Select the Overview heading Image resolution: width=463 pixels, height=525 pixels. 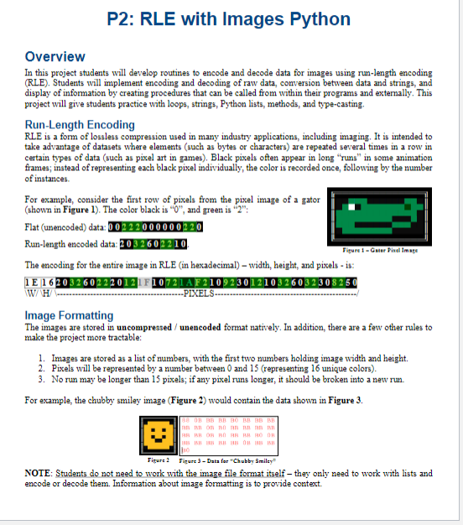[x=55, y=57]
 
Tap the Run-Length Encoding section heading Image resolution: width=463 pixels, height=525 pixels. [x=80, y=125]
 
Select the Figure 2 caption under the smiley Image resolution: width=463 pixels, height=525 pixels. [x=156, y=460]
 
